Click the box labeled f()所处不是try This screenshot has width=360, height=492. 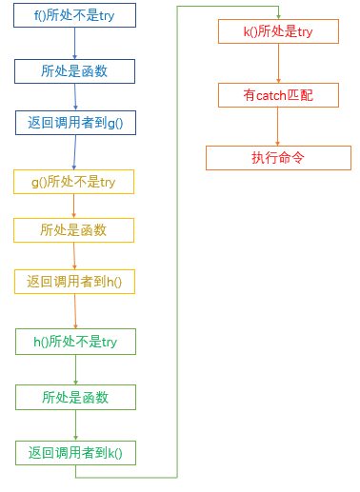tap(74, 15)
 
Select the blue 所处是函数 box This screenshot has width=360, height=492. tap(74, 71)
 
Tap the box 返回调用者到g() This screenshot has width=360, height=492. tap(74, 122)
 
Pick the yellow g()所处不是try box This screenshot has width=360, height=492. tap(73, 182)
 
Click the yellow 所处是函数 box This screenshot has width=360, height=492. tap(73, 230)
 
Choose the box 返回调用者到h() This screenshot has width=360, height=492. tap(74, 282)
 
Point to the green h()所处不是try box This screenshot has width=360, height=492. tap(75, 342)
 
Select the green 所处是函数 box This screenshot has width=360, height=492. tap(75, 397)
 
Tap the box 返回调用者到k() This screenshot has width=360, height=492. tap(75, 453)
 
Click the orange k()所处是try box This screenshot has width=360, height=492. tap(278, 31)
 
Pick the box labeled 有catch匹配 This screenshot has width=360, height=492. tap(278, 95)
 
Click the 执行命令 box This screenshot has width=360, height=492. tap(278, 158)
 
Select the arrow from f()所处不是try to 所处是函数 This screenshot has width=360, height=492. tap(74, 43)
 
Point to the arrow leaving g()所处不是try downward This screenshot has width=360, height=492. tap(73, 206)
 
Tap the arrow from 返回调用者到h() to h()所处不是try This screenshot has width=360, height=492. tap(75, 311)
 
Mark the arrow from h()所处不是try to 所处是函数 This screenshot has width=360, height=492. tap(75, 369)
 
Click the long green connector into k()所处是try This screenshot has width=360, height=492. tap(177, 238)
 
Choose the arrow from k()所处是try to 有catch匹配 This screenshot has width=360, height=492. tap(278, 63)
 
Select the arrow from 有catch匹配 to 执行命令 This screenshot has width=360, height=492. tap(278, 127)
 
